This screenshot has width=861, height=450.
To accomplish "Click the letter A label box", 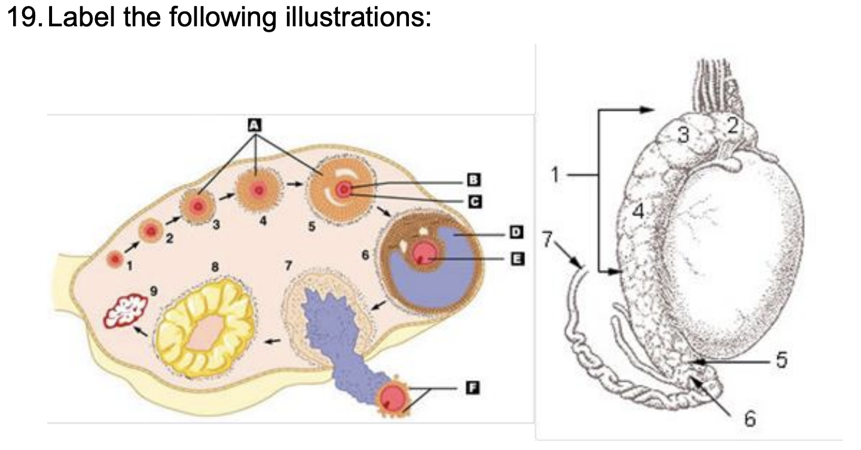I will pos(255,125).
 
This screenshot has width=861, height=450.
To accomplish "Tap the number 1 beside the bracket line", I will pos(556,174).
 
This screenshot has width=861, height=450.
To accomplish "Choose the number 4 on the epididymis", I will pos(639,211).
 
